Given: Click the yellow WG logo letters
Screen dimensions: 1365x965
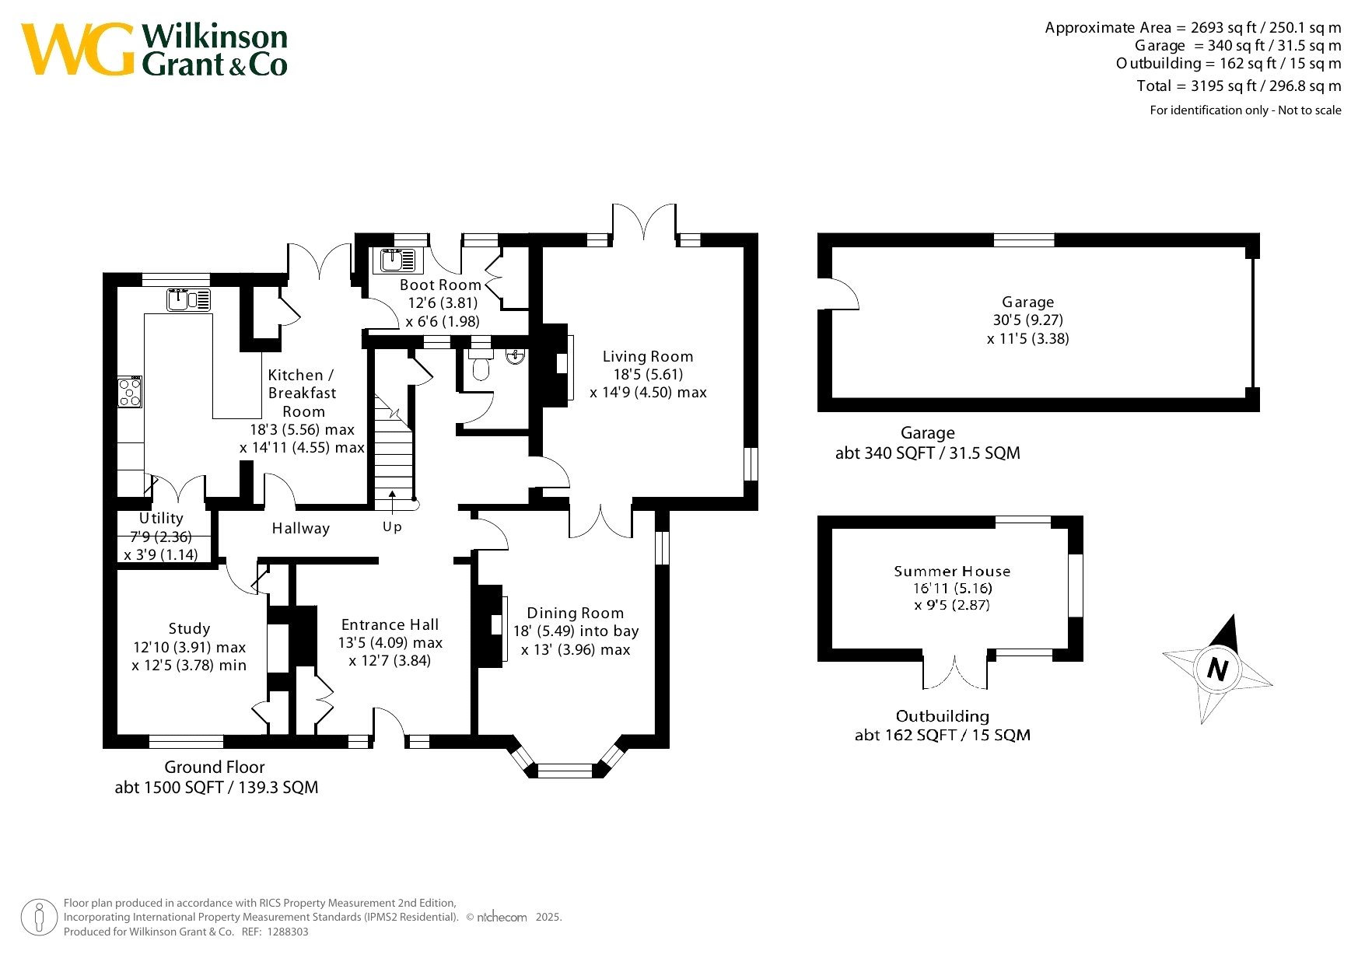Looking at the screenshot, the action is pos(78,49).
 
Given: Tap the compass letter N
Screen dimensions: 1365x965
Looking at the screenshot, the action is pos(1218,669).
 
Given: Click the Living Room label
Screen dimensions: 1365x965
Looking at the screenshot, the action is pos(648,356).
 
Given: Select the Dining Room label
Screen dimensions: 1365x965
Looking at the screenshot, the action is pos(576,613).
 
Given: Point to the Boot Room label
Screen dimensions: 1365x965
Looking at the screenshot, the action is pos(440,285).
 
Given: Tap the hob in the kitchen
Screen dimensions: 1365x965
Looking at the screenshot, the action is pos(130,392).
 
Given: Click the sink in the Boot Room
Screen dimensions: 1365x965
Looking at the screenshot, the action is pos(397,260).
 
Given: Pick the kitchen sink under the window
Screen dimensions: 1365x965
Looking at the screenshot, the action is pos(189,299).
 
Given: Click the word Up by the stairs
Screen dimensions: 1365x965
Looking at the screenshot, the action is pos(392,526).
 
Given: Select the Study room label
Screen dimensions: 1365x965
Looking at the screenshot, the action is pos(189,628).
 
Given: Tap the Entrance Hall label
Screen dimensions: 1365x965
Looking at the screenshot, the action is pos(390,624).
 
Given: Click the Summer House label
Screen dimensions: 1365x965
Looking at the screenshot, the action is pos(952,571).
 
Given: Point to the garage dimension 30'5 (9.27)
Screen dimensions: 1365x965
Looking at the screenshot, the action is pos(1027,320).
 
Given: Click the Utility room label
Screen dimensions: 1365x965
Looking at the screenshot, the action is pos(161,518).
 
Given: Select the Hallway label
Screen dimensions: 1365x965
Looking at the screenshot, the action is pos(301,528).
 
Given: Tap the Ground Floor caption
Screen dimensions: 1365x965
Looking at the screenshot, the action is pos(215,767).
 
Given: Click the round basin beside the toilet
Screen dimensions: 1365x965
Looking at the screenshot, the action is pos(515,357).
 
